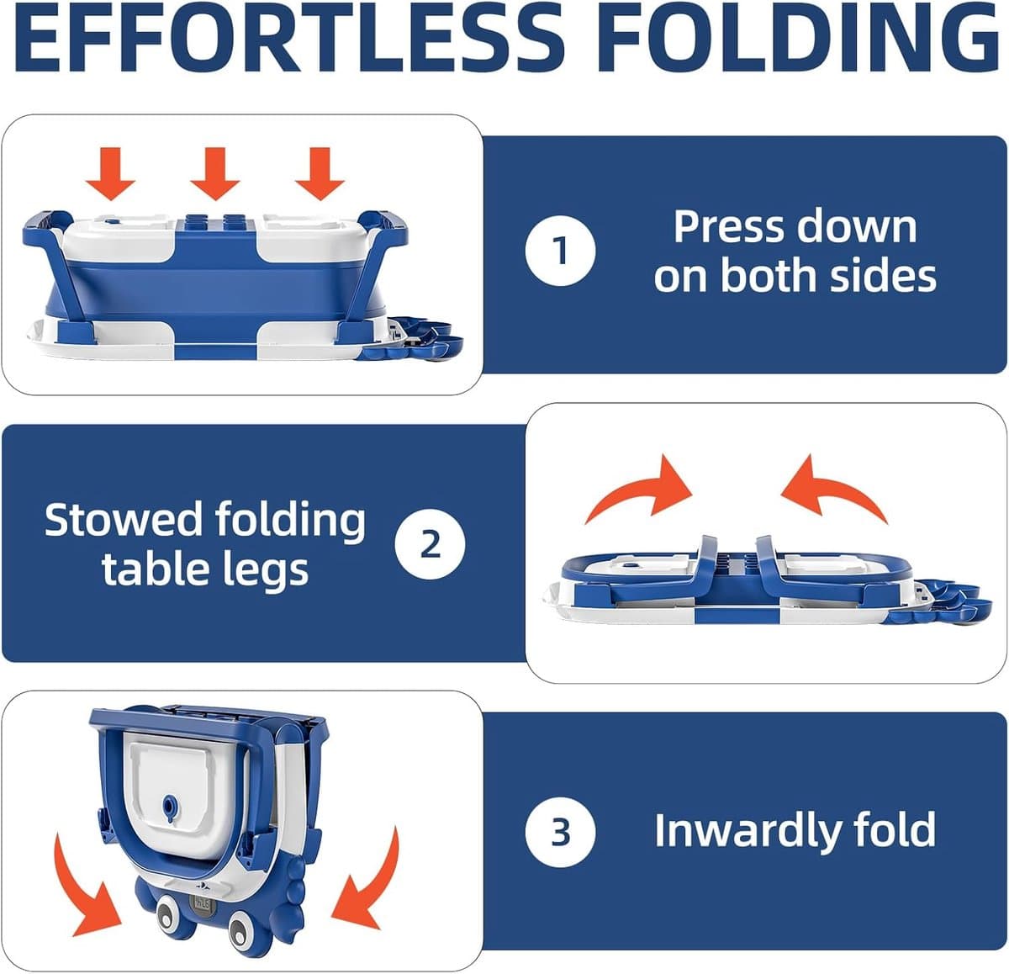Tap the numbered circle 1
pyautogui.click(x=560, y=251)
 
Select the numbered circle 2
pyautogui.click(x=430, y=544)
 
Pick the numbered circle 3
pyautogui.click(x=560, y=833)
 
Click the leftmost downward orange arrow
pyautogui.click(x=110, y=173)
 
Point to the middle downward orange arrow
pyautogui.click(x=215, y=173)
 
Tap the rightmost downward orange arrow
pyautogui.click(x=320, y=173)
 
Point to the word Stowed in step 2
pyautogui.click(x=123, y=520)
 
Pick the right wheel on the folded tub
pyautogui.click(x=244, y=926)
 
